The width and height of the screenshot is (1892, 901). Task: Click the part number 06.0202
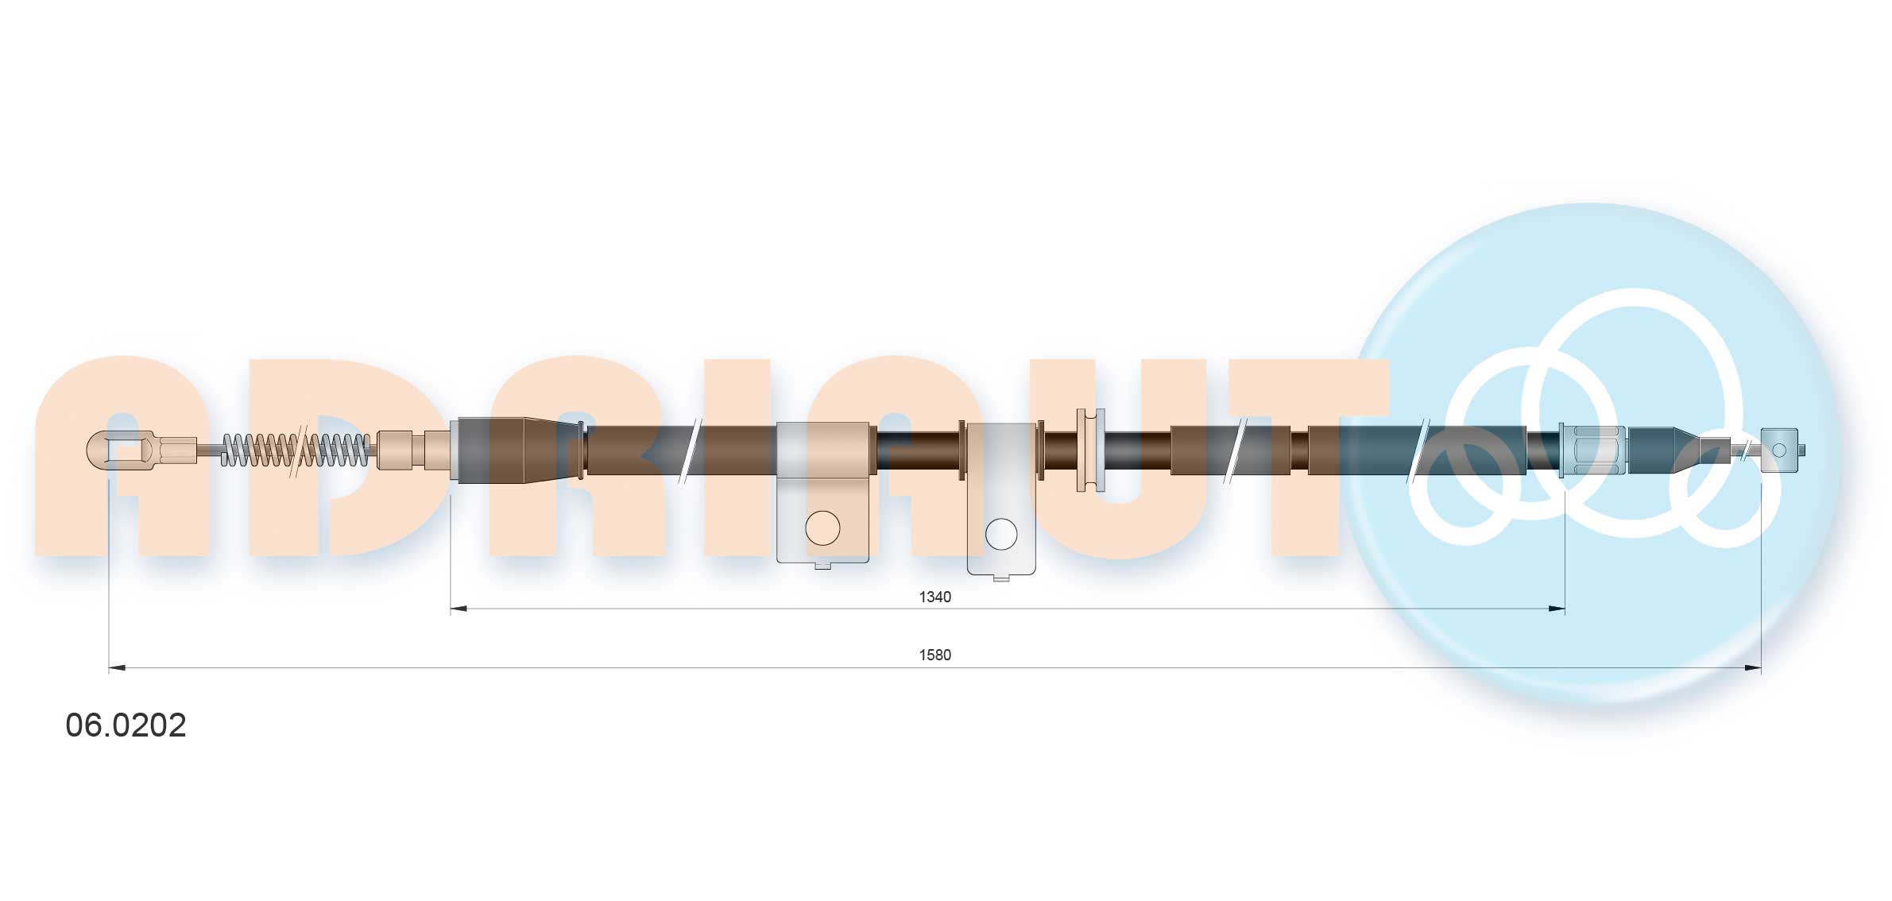point(126,725)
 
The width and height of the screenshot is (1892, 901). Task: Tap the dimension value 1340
point(934,597)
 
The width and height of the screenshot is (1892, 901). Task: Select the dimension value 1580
point(934,655)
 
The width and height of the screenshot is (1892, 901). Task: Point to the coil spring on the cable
point(295,450)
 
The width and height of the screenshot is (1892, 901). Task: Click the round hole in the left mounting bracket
point(822,528)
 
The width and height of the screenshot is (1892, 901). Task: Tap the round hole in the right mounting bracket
point(1001,535)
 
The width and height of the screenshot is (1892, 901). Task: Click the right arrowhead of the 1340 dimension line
point(1557,609)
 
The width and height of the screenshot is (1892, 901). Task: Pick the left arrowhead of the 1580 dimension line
point(117,667)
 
